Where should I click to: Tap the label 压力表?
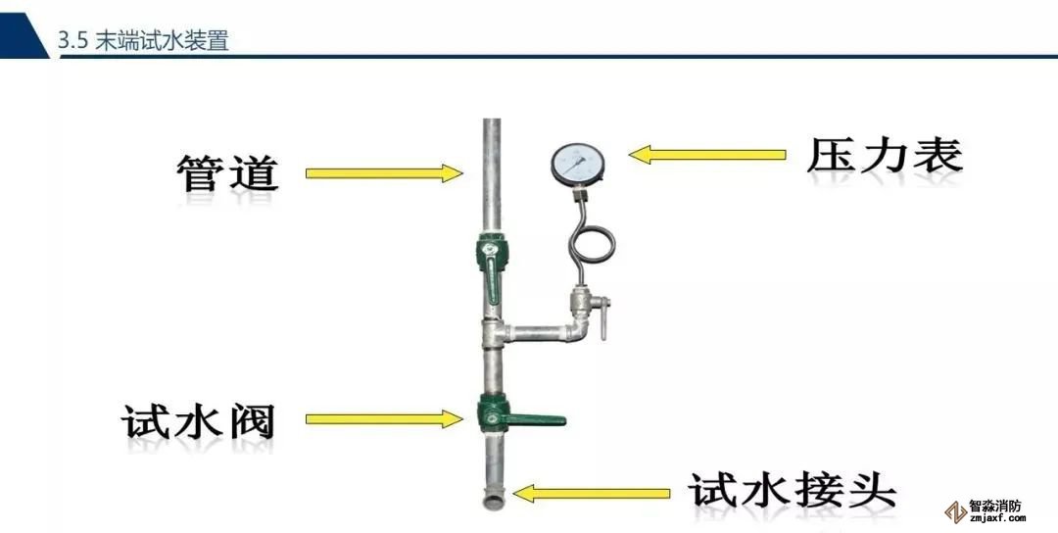click(885, 156)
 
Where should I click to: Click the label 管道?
click(228, 173)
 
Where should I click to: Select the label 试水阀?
click(199, 421)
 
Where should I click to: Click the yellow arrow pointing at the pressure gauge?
click(707, 154)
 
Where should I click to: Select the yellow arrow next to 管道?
click(383, 173)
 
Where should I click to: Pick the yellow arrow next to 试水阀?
click(383, 419)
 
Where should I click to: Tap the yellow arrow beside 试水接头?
click(592, 492)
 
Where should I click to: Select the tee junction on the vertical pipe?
click(492, 336)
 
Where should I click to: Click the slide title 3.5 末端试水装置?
click(143, 40)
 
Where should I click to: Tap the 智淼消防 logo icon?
click(952, 511)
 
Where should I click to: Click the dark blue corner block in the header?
click(22, 27)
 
